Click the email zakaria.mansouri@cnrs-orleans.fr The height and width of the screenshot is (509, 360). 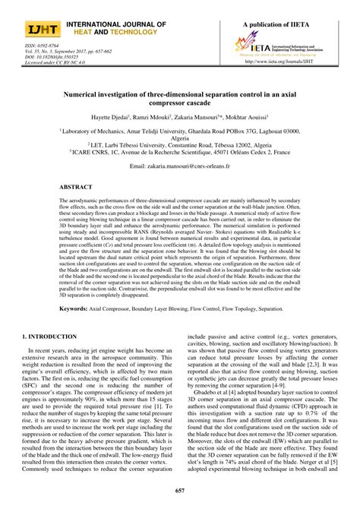tap(179, 165)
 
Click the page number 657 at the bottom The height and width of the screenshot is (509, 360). tap(179, 492)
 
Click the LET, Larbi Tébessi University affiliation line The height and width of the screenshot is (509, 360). tap(179, 144)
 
